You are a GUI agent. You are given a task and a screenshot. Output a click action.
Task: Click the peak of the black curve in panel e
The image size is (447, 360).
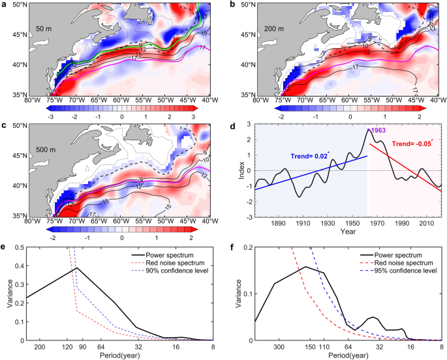[77, 268]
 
